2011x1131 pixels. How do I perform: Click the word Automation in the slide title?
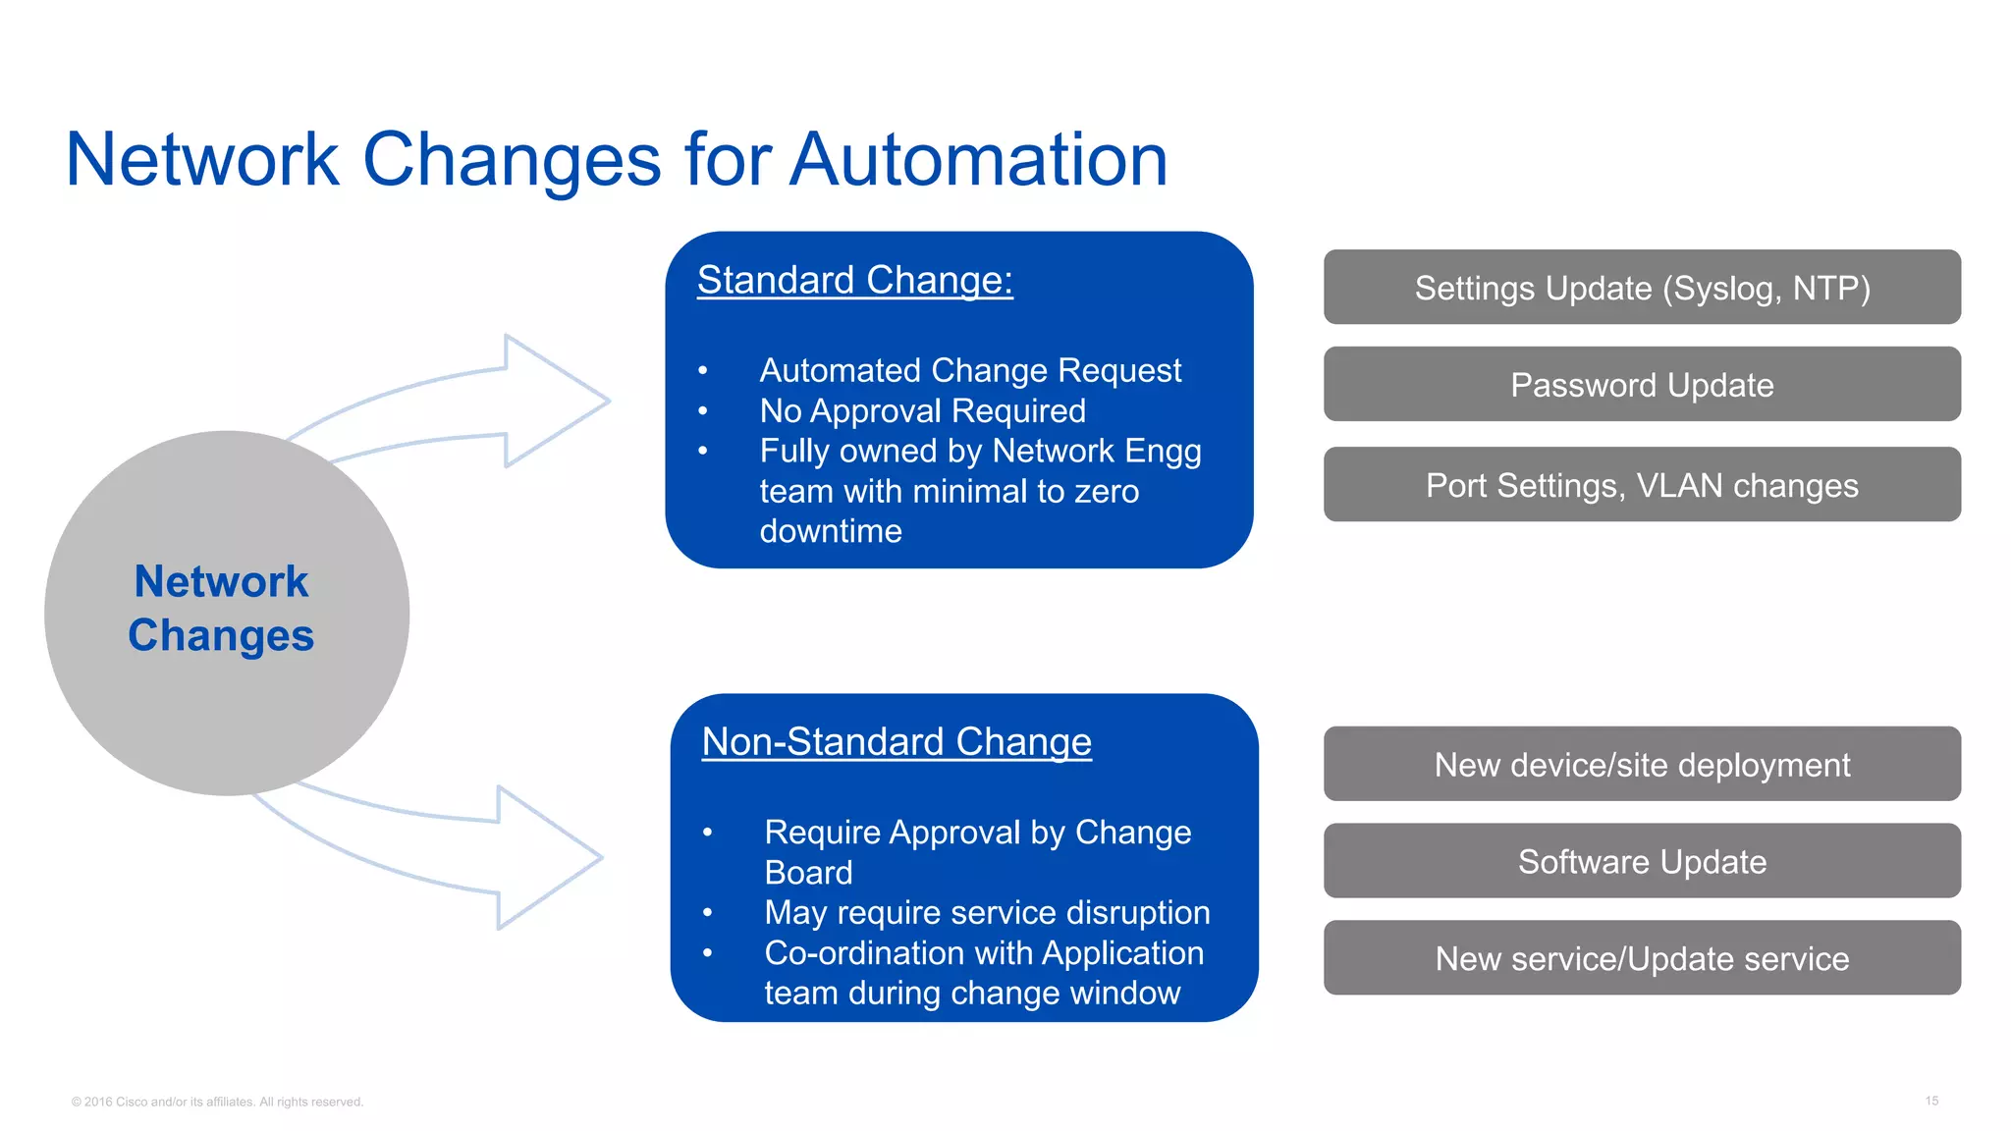(x=979, y=159)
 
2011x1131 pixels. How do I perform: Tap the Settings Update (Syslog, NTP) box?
(x=1642, y=288)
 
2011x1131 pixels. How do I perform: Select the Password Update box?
(x=1642, y=385)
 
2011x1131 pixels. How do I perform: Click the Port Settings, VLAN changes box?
(x=1642, y=485)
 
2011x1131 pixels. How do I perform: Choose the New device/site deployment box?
(x=1642, y=765)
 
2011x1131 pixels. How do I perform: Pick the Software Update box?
(x=1642, y=861)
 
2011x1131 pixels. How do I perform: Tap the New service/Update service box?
(x=1642, y=958)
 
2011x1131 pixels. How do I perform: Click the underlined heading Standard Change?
(x=854, y=280)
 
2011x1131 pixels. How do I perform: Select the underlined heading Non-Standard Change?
(x=896, y=741)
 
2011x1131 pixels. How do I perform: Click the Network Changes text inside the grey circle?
(x=222, y=609)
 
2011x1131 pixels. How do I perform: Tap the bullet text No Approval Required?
(x=922, y=410)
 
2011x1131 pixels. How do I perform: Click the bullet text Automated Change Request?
(x=969, y=370)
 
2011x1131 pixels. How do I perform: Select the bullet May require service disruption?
(x=986, y=912)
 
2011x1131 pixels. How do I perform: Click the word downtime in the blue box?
(x=831, y=531)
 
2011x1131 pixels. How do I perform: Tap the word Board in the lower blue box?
(x=808, y=872)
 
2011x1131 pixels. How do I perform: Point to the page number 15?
(x=1930, y=1101)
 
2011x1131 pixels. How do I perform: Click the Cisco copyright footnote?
(x=217, y=1102)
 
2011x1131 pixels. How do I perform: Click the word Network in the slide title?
(x=202, y=159)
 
